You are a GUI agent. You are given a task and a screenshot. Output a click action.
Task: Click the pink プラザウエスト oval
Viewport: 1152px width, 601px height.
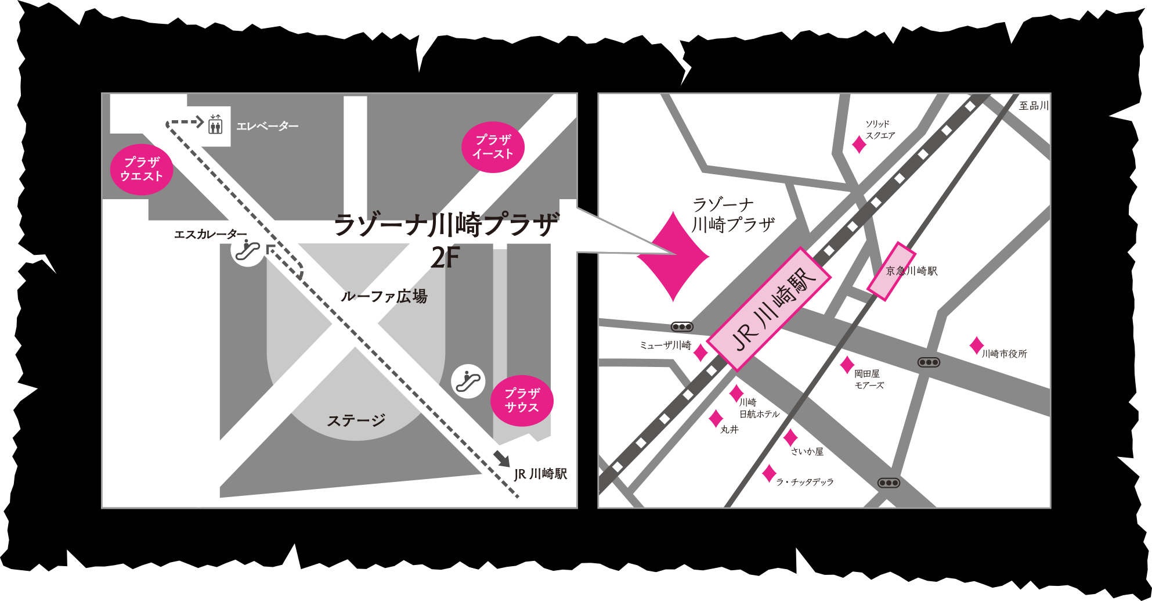[x=142, y=170]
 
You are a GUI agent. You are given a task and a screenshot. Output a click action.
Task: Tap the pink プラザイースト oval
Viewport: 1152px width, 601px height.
[x=493, y=147]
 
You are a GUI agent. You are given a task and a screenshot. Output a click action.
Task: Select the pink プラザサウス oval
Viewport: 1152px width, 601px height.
[x=522, y=401]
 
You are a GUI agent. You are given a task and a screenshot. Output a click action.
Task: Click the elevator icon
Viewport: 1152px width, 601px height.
[x=215, y=124]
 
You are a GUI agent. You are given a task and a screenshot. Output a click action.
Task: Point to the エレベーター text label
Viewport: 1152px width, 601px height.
[x=267, y=126]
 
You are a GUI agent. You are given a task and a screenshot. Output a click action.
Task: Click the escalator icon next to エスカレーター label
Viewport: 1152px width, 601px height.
[x=247, y=251]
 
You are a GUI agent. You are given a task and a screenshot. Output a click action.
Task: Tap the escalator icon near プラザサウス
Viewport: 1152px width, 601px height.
[x=468, y=381]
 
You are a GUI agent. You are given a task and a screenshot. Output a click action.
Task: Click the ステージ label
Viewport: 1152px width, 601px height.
[x=356, y=420]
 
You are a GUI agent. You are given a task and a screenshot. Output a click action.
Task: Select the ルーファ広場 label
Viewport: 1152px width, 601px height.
[x=384, y=296]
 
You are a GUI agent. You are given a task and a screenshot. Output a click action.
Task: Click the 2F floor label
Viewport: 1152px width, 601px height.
[x=445, y=258]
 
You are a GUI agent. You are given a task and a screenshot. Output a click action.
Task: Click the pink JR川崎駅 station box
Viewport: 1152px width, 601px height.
[x=770, y=309]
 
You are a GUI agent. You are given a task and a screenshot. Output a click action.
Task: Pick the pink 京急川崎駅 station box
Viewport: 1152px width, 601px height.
[x=891, y=271]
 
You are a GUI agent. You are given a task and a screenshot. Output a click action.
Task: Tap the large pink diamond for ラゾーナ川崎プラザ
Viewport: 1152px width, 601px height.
[x=673, y=256]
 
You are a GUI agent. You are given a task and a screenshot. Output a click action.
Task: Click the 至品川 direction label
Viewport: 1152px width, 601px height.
[x=1034, y=106]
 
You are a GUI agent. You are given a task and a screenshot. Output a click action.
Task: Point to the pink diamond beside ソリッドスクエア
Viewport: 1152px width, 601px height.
[x=859, y=144]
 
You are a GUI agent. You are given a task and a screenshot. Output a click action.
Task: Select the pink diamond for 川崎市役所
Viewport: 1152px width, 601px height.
[x=977, y=346]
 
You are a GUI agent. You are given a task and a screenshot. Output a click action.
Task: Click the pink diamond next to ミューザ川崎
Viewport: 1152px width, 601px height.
[x=700, y=352]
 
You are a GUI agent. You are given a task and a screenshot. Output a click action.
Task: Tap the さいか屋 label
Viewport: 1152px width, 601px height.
[x=807, y=451]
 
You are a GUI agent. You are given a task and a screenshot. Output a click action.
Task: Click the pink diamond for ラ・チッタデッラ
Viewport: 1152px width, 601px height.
[x=769, y=473]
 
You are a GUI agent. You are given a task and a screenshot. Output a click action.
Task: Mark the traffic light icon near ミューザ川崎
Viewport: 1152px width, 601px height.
[x=682, y=327]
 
